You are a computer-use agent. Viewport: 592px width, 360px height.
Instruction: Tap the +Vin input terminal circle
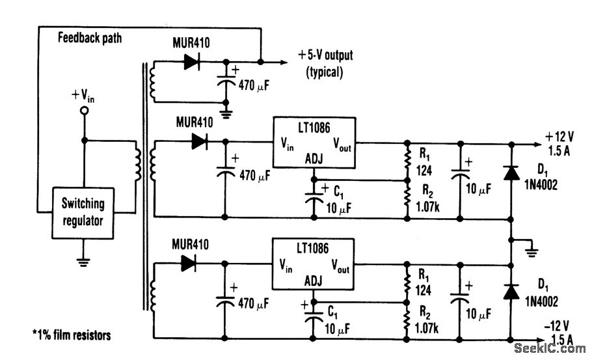coord(83,111)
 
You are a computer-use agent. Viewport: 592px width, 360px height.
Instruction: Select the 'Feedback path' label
coord(90,38)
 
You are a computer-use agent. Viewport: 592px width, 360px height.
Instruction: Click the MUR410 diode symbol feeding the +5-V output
coord(191,62)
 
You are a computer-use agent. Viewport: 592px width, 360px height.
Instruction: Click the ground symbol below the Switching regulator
coord(83,262)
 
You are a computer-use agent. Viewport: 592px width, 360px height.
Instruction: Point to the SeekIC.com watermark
coord(550,349)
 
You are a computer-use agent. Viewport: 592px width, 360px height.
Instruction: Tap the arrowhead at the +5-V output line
coord(282,62)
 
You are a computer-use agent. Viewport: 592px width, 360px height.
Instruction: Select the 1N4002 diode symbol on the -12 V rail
coord(511,293)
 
